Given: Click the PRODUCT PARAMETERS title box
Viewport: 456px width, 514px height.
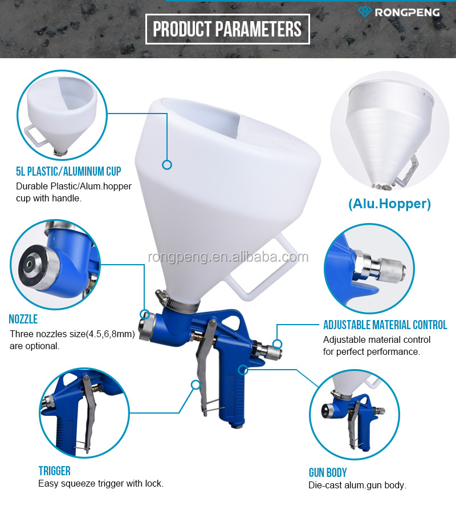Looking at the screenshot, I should coord(227,29).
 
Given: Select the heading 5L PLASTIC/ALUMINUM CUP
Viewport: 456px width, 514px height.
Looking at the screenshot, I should coord(68,171).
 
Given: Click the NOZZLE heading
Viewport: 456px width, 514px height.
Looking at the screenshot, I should coord(23,319).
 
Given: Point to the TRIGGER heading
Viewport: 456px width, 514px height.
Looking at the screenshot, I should coord(54,471).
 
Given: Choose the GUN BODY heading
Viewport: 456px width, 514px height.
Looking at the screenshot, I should coord(327,472).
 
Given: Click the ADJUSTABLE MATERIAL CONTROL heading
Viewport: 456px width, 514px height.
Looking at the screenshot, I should coord(385,325).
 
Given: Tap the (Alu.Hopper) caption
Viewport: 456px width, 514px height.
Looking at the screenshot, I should coord(389,204).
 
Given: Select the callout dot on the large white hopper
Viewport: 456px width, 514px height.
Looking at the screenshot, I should coord(166,165).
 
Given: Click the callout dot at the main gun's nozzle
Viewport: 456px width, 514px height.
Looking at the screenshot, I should coord(145,314).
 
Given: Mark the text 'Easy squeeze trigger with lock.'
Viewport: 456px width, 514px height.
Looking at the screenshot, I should coord(101,483).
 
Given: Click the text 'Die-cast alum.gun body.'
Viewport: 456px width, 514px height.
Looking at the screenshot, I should coord(357,485).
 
